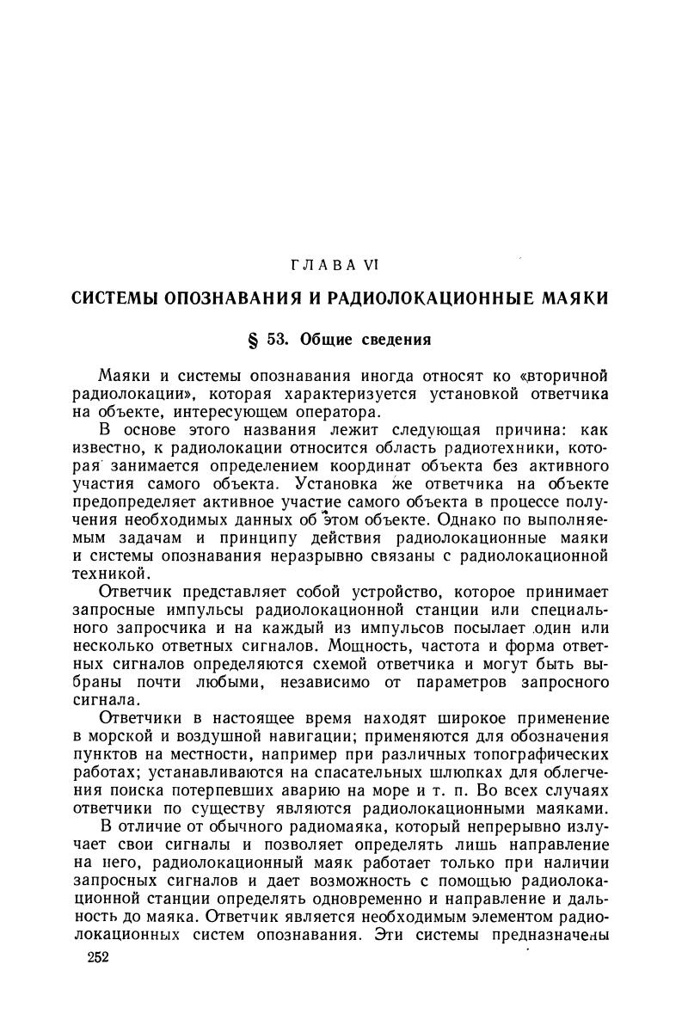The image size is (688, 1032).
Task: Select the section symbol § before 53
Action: (253, 339)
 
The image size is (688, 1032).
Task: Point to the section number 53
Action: (278, 339)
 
